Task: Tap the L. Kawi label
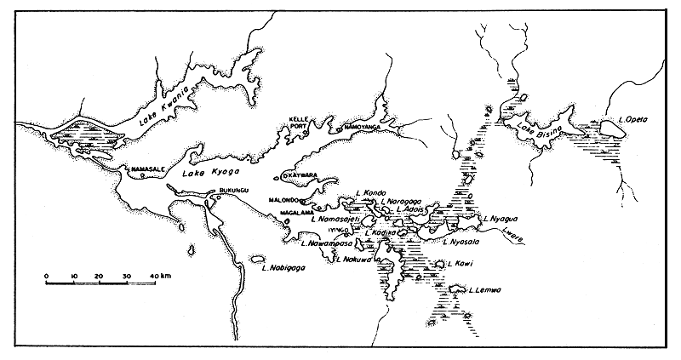point(461,264)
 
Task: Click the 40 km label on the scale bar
point(157,276)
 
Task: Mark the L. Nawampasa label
point(327,243)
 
